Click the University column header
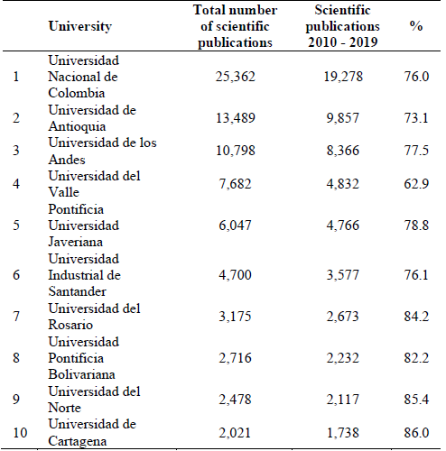pos(81,27)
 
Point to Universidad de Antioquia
pos(91,118)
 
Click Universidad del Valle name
pos(94,184)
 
